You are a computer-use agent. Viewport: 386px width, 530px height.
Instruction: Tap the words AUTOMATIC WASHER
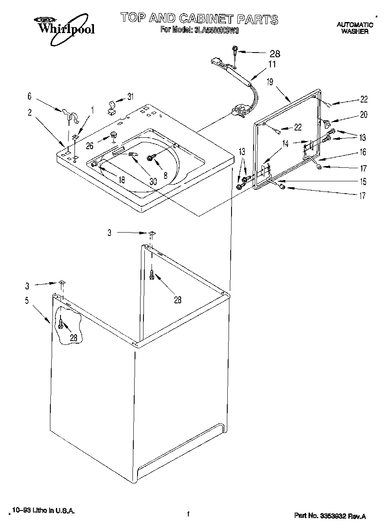click(355, 28)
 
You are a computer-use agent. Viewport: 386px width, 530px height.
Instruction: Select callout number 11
click(271, 65)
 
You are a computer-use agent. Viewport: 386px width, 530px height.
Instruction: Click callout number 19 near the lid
click(270, 82)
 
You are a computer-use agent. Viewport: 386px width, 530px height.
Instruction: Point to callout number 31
click(130, 97)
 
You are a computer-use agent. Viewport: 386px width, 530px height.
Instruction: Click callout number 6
click(29, 97)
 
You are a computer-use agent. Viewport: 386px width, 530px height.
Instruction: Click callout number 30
click(153, 181)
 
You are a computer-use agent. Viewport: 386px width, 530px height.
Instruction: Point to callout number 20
click(364, 114)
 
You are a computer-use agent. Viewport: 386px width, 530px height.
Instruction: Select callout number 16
click(363, 152)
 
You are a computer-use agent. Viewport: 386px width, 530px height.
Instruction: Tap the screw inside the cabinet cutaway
click(61, 324)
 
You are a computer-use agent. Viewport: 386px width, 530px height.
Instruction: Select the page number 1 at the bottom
click(187, 515)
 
